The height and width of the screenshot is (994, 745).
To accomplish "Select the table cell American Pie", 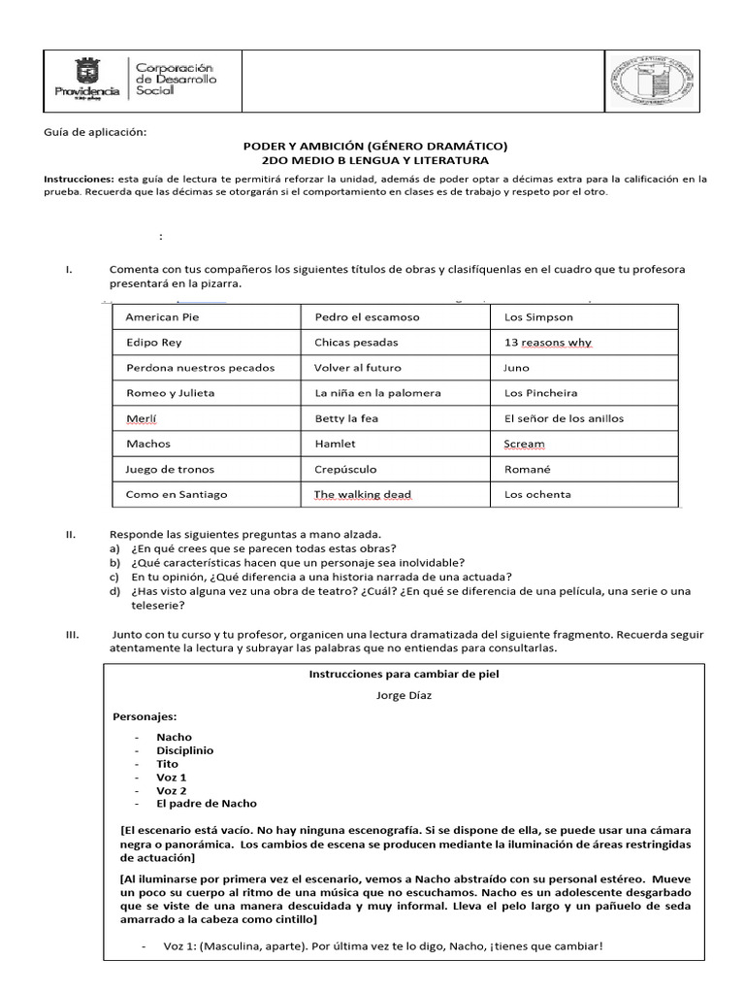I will click(162, 317).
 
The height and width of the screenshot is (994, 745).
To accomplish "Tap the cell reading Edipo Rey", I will click(153, 343).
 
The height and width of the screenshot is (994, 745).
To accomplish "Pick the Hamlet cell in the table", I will click(335, 444).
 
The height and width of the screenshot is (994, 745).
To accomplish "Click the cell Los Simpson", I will click(538, 317).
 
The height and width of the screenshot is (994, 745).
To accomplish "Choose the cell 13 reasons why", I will click(548, 343).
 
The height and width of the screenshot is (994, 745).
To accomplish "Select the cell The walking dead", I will click(362, 494).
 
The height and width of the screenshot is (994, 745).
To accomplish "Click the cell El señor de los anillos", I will click(564, 418).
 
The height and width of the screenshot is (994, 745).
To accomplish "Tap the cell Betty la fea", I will click(346, 418).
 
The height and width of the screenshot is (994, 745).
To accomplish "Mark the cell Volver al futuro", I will click(357, 368).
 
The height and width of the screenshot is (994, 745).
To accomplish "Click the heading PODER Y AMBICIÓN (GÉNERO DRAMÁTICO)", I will click(374, 146).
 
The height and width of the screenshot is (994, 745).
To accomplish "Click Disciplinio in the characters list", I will click(184, 750).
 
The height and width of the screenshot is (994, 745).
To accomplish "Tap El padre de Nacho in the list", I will click(207, 804).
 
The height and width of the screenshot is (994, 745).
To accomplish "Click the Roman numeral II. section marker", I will click(71, 534).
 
